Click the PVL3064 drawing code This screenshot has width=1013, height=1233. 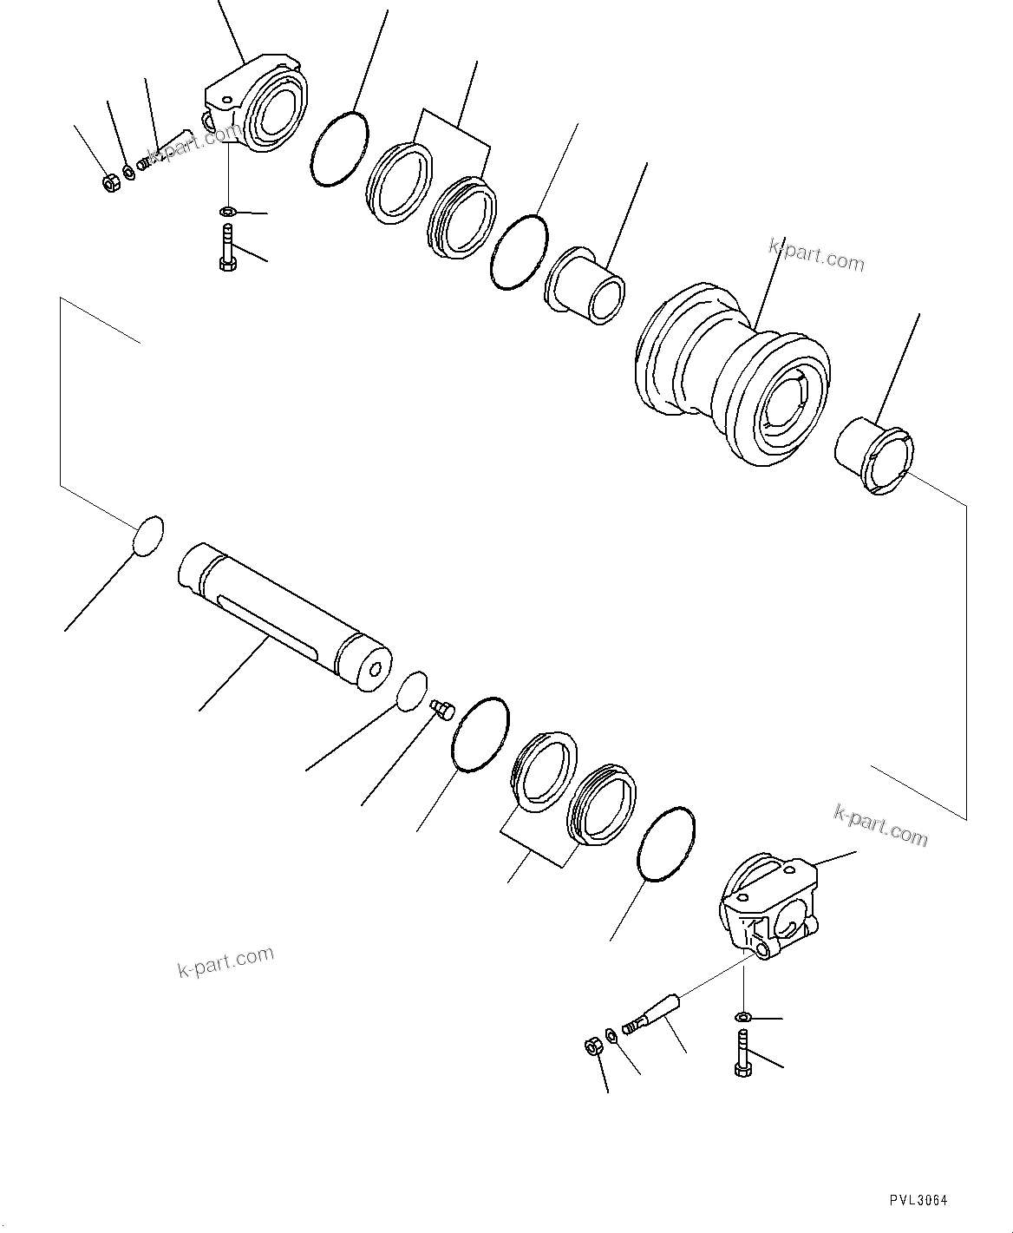tap(918, 1200)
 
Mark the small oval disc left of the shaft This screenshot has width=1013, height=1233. tap(147, 534)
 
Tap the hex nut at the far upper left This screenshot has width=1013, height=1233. tap(109, 183)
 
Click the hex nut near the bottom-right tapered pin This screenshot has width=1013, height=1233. tap(593, 1047)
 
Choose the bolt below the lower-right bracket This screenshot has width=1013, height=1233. tap(742, 1053)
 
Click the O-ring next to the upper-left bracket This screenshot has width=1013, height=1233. tap(338, 148)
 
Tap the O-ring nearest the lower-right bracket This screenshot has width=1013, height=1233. tap(666, 843)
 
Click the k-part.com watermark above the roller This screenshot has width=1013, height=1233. tap(816, 255)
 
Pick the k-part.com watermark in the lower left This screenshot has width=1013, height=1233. tap(225, 961)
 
